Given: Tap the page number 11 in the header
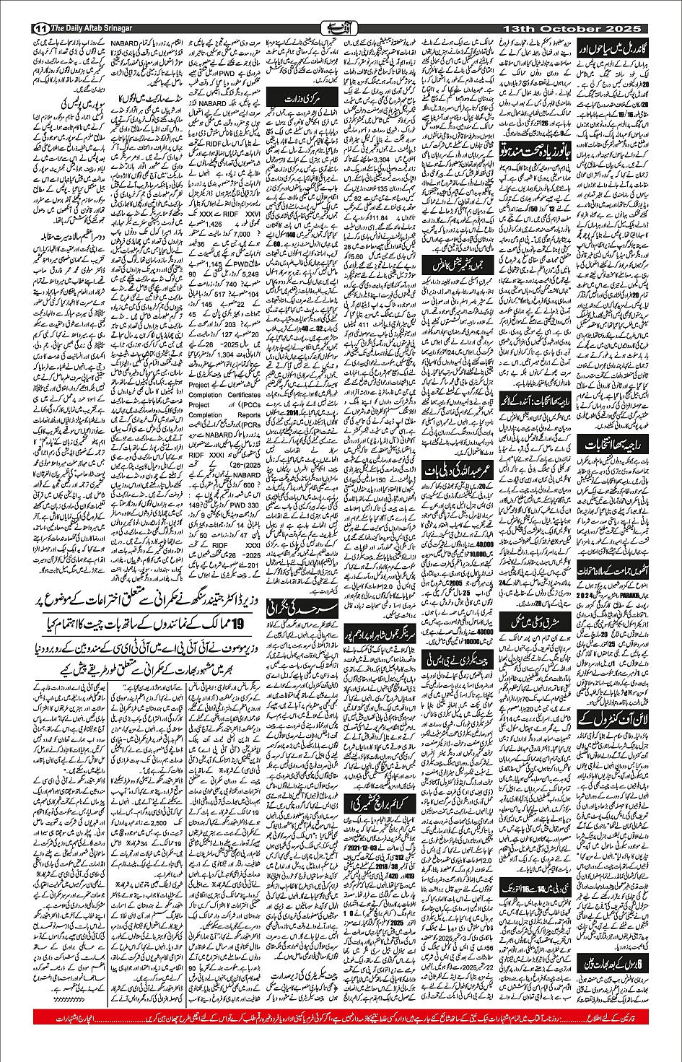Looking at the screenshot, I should (x=40, y=28).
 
